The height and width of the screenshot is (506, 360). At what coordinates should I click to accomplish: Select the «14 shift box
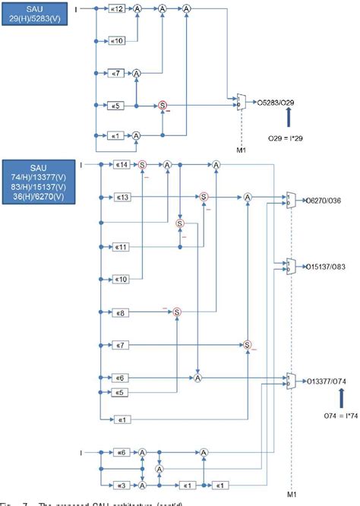(121, 164)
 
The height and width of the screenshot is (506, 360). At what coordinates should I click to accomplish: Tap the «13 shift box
(121, 198)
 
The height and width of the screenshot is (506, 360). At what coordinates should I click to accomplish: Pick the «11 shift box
(121, 248)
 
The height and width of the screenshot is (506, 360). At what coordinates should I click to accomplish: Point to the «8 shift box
(121, 312)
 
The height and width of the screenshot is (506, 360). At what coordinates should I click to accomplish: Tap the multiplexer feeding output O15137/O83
(290, 266)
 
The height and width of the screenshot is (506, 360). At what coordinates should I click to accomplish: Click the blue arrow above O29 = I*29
(289, 117)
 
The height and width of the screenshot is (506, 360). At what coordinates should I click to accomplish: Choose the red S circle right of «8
(175, 312)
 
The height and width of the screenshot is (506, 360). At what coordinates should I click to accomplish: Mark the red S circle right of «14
(142, 164)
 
